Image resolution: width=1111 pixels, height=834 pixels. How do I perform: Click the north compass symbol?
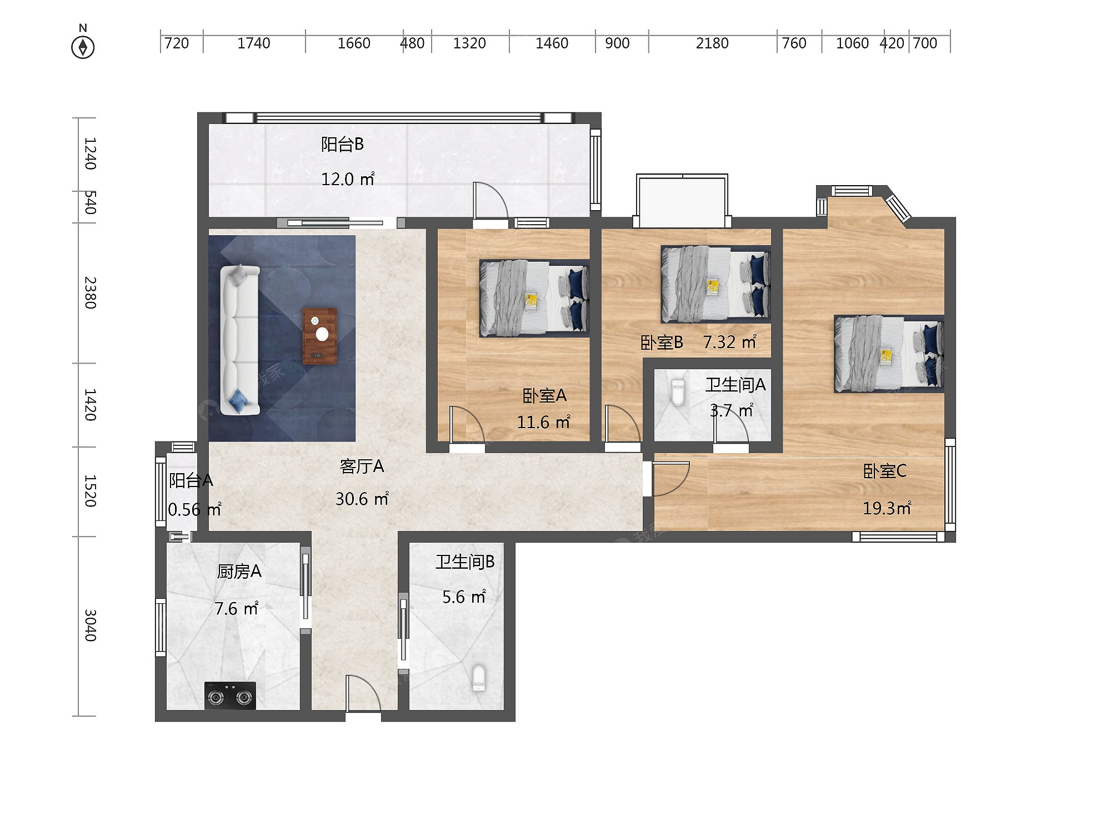point(83,47)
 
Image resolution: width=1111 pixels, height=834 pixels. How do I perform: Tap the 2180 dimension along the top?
point(712,43)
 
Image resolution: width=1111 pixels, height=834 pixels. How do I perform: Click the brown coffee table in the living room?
point(320,336)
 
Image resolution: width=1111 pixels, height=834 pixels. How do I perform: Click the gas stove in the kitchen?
point(230,696)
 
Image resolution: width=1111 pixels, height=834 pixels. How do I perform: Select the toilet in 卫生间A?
point(678,393)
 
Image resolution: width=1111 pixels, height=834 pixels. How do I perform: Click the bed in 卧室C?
point(888,354)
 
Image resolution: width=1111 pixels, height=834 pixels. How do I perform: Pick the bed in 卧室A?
point(534,298)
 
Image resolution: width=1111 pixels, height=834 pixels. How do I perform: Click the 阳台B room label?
point(342,145)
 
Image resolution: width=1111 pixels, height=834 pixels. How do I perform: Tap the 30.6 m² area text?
point(362,499)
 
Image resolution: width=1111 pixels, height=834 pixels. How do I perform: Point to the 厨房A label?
point(239,572)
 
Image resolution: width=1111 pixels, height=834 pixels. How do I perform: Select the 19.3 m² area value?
point(887,508)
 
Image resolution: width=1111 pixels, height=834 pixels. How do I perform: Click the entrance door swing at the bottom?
point(362,695)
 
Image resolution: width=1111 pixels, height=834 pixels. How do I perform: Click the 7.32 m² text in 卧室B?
point(729,342)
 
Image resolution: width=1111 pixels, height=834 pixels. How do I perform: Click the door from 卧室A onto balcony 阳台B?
point(489,203)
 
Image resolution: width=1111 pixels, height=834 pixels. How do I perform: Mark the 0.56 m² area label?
point(194,509)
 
